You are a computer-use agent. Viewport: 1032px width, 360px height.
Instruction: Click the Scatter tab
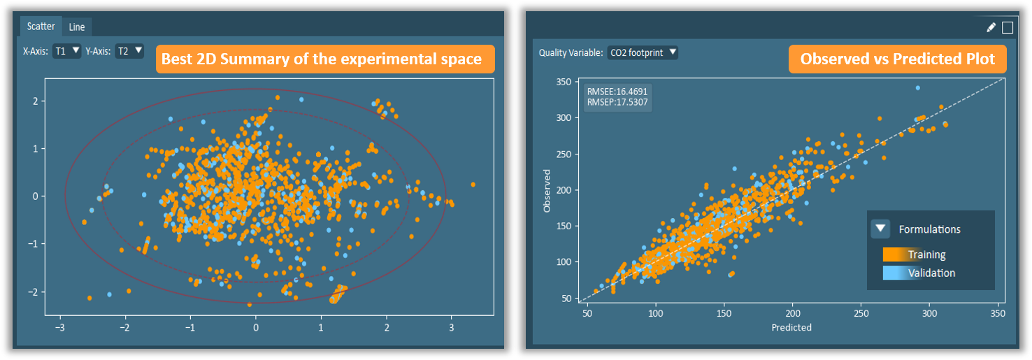[x=41, y=27]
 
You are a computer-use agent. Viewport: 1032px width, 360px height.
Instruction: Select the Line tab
[x=77, y=27]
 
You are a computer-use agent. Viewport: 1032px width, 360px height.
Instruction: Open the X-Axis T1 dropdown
[x=68, y=50]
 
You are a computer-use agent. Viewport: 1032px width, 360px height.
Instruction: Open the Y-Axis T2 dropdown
[x=130, y=50]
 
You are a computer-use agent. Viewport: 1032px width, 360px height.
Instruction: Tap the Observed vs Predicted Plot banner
[x=897, y=59]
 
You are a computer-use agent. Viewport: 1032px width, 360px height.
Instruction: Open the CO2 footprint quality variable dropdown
[x=643, y=52]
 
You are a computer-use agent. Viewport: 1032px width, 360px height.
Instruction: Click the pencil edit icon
[x=991, y=27]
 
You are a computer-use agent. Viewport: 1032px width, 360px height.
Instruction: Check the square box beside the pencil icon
[x=1008, y=27]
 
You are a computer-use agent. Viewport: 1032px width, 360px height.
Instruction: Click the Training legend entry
[x=926, y=254]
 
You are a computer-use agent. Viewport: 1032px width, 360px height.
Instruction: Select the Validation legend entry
[x=931, y=273]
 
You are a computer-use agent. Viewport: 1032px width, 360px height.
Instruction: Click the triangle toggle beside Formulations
[x=881, y=229]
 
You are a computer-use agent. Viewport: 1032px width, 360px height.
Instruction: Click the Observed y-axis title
[x=547, y=190]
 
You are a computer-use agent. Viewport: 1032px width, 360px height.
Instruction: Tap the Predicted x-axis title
[x=791, y=327]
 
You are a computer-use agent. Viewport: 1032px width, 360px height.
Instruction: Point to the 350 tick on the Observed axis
[x=564, y=82]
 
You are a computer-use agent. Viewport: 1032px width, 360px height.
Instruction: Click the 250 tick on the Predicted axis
[x=861, y=314]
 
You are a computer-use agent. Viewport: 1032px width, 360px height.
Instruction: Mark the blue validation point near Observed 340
[x=917, y=88]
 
